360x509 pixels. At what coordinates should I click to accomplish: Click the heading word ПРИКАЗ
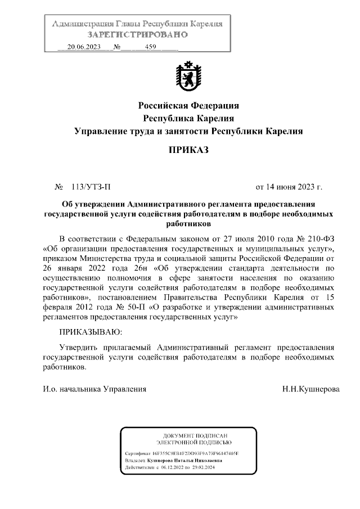pyautogui.click(x=189, y=150)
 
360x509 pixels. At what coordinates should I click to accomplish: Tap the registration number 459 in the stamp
pyautogui.click(x=150, y=47)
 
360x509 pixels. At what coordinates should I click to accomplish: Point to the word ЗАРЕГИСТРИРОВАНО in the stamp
pyautogui.click(x=137, y=34)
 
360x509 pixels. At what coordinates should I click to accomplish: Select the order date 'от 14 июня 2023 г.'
pyautogui.click(x=289, y=186)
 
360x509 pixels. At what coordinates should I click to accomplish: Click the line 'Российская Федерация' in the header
pyautogui.click(x=189, y=106)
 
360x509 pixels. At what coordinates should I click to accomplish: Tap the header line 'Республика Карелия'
pyautogui.click(x=189, y=119)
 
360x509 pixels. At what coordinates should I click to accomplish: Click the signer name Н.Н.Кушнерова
pyautogui.click(x=311, y=389)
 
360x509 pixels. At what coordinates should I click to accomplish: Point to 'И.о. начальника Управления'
pyautogui.click(x=94, y=389)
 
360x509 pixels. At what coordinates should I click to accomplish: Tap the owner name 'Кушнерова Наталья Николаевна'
pyautogui.click(x=183, y=460)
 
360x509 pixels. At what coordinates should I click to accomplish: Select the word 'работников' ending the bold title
pyautogui.click(x=189, y=223)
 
